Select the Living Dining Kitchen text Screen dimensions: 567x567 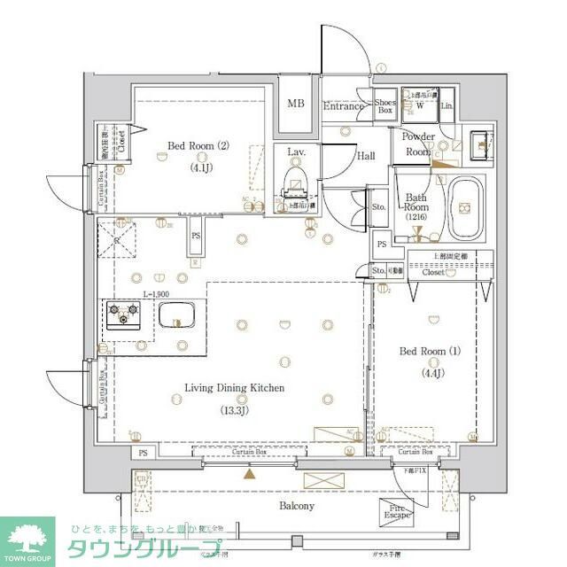coord(234,388)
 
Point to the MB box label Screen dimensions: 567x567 coord(295,104)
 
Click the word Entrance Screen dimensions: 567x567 coord(344,107)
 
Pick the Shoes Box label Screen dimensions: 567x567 coord(384,105)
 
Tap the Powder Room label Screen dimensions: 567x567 coord(418,144)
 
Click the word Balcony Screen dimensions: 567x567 coord(297,506)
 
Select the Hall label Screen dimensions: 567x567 coord(365,156)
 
